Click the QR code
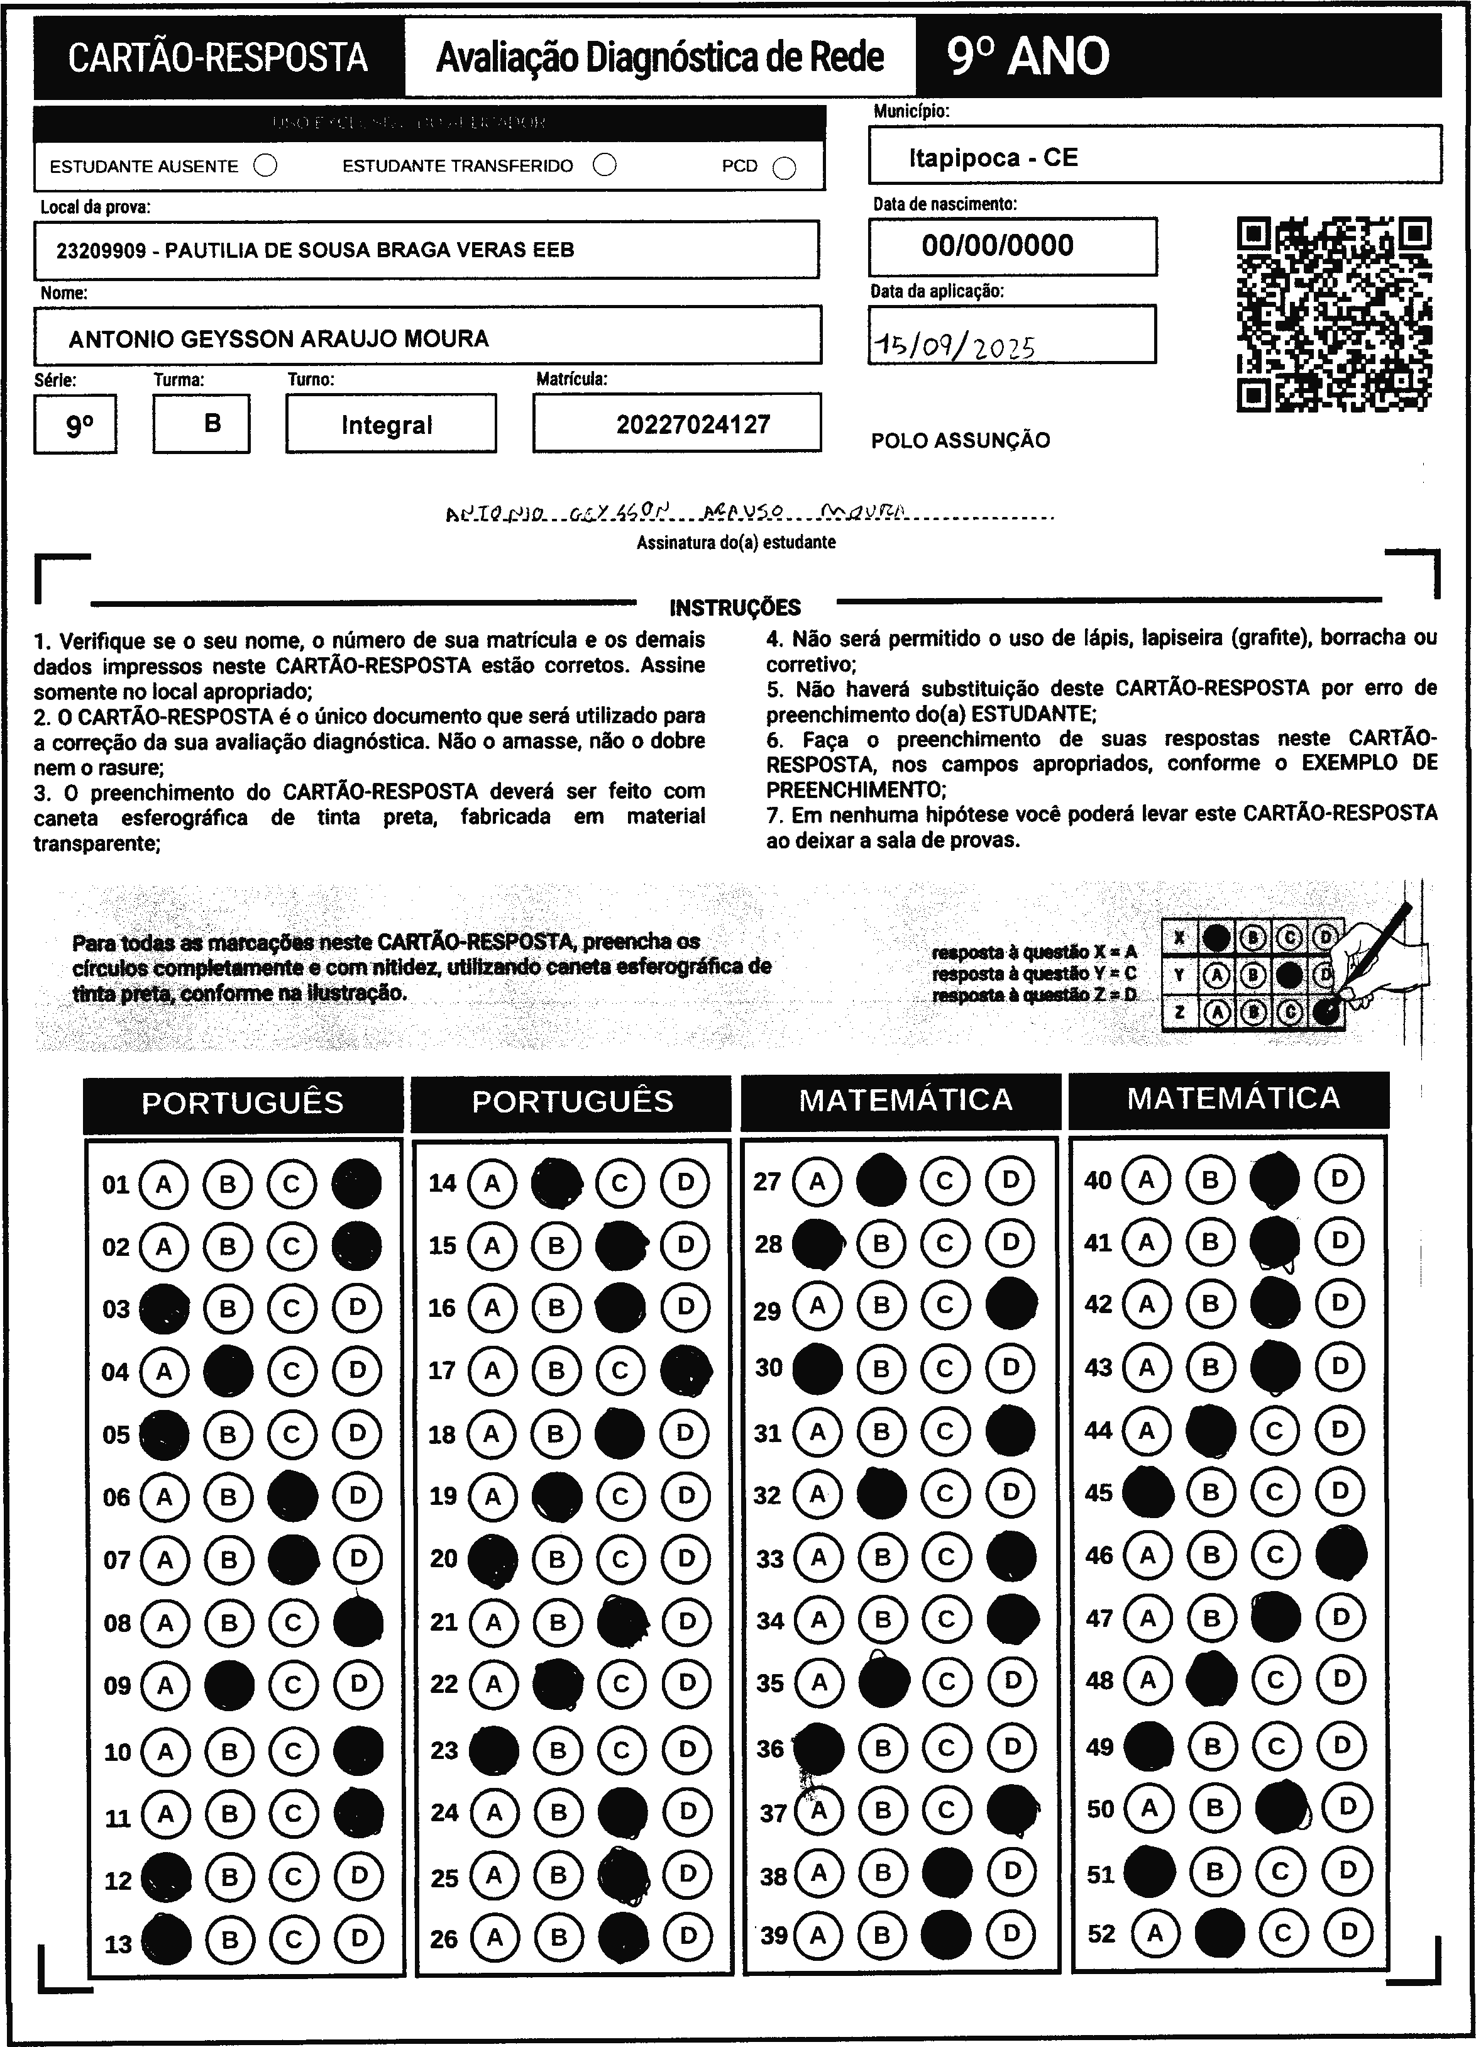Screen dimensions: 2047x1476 [1333, 314]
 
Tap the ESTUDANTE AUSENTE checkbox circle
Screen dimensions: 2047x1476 [265, 166]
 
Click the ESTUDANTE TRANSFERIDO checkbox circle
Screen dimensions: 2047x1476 [605, 165]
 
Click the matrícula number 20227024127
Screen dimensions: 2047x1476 [693, 424]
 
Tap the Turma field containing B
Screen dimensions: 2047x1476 [212, 423]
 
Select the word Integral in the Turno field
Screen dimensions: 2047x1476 [387, 425]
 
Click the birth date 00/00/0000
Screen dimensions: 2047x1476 [997, 245]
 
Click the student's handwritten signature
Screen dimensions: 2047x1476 [676, 514]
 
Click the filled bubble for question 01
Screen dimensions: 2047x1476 [356, 1184]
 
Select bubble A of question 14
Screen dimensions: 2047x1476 [492, 1182]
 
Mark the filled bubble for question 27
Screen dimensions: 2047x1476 [881, 1180]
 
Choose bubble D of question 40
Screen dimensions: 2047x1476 [1340, 1178]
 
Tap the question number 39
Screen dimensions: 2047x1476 [773, 1935]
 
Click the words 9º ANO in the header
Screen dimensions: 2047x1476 [1028, 57]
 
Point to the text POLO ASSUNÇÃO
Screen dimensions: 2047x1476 [960, 440]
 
